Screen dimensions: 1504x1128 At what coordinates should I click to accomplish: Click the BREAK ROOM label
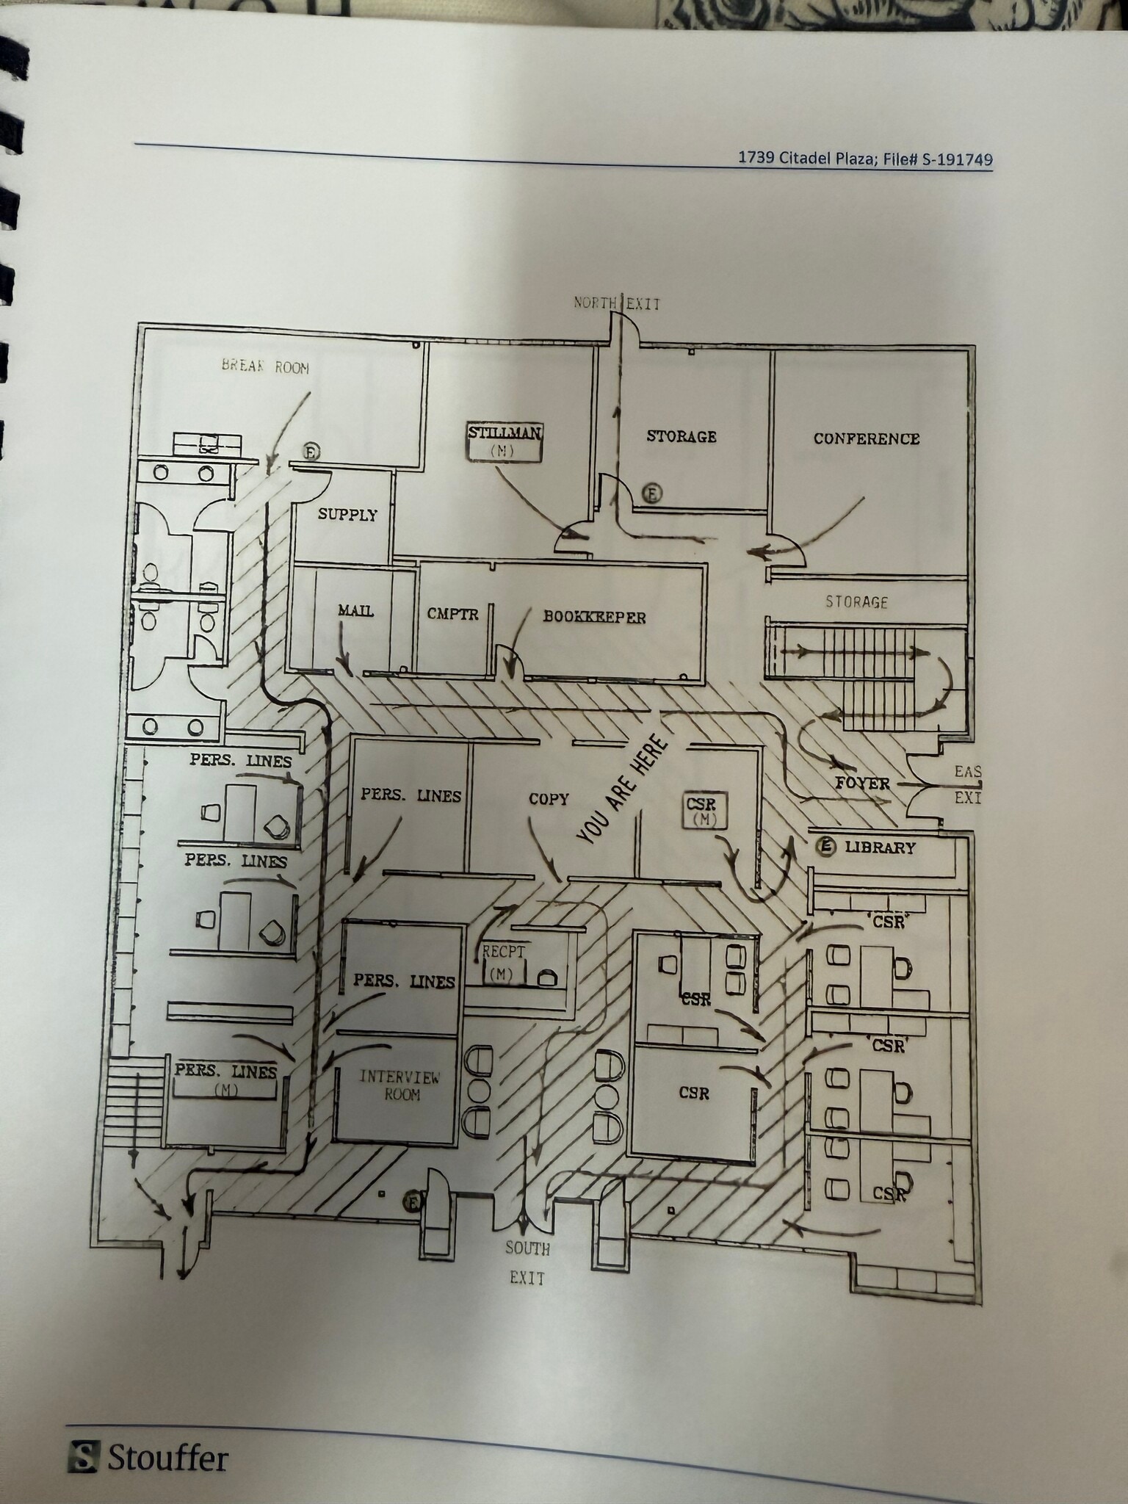(265, 366)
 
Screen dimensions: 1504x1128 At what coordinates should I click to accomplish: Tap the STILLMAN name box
(505, 441)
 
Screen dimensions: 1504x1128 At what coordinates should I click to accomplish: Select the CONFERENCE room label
(866, 438)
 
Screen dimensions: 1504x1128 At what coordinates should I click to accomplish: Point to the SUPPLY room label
(347, 515)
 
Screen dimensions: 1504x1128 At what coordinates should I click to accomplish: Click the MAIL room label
(355, 610)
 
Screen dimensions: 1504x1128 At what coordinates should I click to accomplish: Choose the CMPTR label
(452, 614)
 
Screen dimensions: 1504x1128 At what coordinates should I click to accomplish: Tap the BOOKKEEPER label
(594, 617)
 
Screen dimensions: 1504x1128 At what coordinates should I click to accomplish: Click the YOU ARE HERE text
(623, 790)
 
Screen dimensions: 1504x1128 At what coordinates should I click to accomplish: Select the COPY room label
(549, 799)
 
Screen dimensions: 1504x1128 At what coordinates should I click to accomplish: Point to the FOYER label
(862, 784)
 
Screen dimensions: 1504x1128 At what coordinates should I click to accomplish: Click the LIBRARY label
(880, 847)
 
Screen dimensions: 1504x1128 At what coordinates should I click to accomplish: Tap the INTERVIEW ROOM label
(400, 1085)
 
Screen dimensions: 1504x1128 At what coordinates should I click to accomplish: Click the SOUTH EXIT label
(527, 1262)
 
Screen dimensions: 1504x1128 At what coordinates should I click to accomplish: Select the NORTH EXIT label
(617, 303)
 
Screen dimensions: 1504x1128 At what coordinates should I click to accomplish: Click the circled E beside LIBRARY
(827, 847)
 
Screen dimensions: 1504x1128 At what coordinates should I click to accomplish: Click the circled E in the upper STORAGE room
(652, 493)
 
